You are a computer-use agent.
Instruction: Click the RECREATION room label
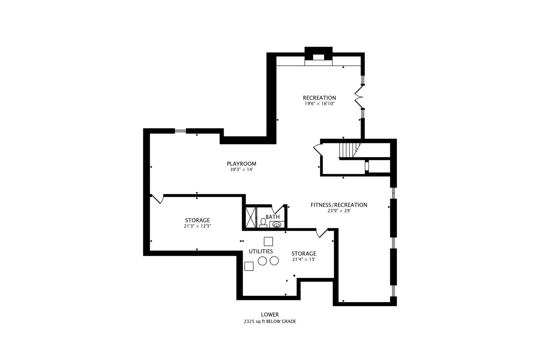pyautogui.click(x=319, y=98)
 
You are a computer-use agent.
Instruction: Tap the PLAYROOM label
pyautogui.click(x=241, y=164)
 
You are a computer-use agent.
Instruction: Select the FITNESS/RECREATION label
pyautogui.click(x=339, y=205)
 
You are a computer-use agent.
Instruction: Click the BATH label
pyautogui.click(x=273, y=217)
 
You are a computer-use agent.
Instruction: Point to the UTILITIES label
pyautogui.click(x=261, y=251)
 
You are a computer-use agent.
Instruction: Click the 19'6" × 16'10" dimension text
pyautogui.click(x=320, y=104)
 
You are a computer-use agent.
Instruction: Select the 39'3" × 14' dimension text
pyautogui.click(x=241, y=170)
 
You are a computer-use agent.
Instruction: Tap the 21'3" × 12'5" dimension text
pyautogui.click(x=197, y=226)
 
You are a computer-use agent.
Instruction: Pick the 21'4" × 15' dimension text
pyautogui.click(x=304, y=259)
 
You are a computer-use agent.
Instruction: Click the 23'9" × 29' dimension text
pyautogui.click(x=339, y=211)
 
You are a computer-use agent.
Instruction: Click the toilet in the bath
pyautogui.click(x=263, y=223)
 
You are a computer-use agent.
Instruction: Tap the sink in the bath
pyautogui.click(x=277, y=225)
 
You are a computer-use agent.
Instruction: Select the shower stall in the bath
pyautogui.click(x=250, y=217)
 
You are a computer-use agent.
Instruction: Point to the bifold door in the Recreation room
pyautogui.click(x=359, y=97)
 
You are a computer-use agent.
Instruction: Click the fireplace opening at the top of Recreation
pyautogui.click(x=318, y=57)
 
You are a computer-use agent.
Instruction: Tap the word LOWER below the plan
pyautogui.click(x=270, y=315)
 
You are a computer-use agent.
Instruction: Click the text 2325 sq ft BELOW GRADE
pyautogui.click(x=270, y=321)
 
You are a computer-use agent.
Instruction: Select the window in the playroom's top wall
pyautogui.click(x=180, y=131)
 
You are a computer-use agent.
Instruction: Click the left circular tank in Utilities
pyautogui.click(x=262, y=261)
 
